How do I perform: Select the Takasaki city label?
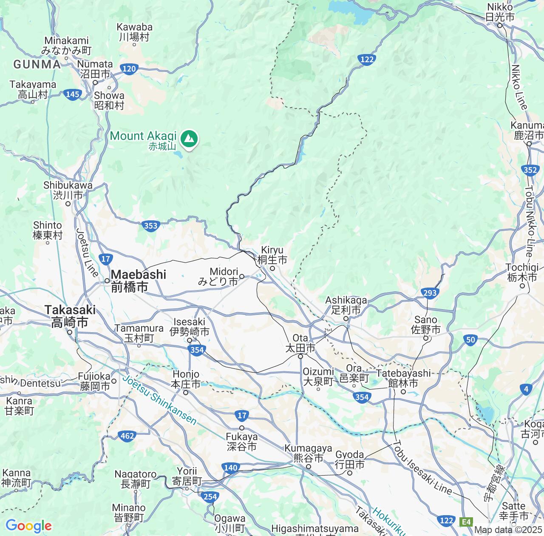(x=70, y=316)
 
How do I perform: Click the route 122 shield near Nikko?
(x=366, y=60)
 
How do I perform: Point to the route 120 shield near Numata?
(x=128, y=68)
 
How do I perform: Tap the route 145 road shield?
(x=73, y=94)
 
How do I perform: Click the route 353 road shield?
(x=150, y=226)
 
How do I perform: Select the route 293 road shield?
(x=430, y=292)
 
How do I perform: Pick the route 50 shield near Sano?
(x=470, y=339)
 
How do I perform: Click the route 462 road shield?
(x=127, y=435)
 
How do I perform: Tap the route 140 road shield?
(x=230, y=468)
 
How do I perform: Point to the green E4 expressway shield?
(x=467, y=521)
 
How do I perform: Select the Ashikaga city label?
(x=346, y=305)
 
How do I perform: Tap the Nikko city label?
(x=500, y=12)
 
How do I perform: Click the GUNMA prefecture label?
(x=37, y=64)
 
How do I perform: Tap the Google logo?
(x=28, y=526)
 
